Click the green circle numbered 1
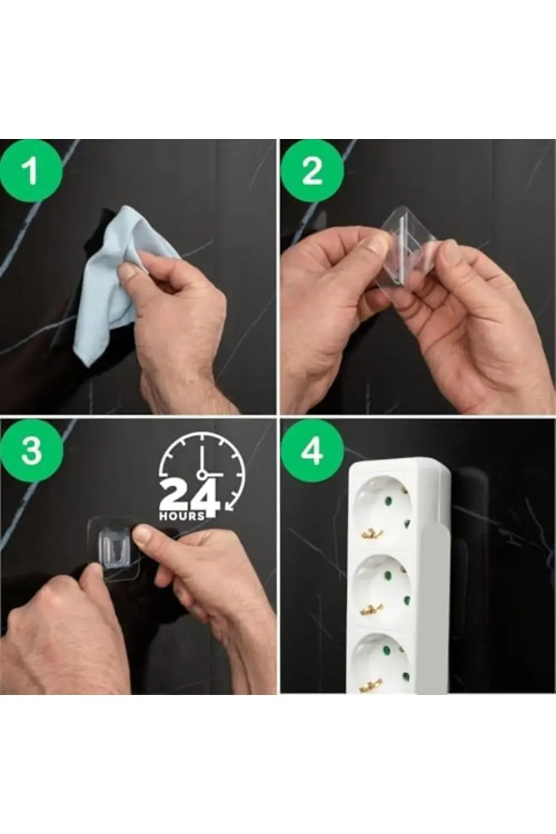(31, 171)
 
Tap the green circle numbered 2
(312, 171)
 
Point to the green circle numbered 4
(312, 451)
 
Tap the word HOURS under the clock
(182, 516)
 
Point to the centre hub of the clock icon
(202, 474)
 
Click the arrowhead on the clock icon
(229, 505)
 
